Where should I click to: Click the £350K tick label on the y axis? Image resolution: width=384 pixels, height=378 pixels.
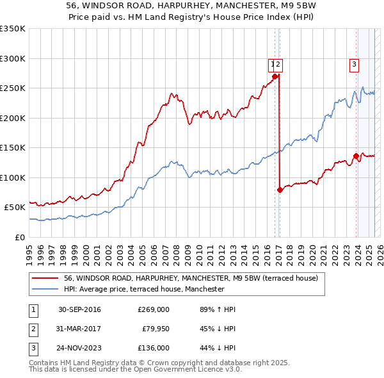(x=13, y=29)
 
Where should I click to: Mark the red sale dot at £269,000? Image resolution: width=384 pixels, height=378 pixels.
(x=275, y=77)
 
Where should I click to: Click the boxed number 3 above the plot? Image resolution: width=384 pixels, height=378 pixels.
(x=354, y=63)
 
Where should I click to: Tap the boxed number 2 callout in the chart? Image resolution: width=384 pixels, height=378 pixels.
(x=280, y=63)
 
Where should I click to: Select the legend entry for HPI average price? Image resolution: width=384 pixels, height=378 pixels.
(x=144, y=289)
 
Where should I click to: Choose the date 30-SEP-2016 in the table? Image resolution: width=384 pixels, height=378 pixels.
(x=79, y=309)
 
